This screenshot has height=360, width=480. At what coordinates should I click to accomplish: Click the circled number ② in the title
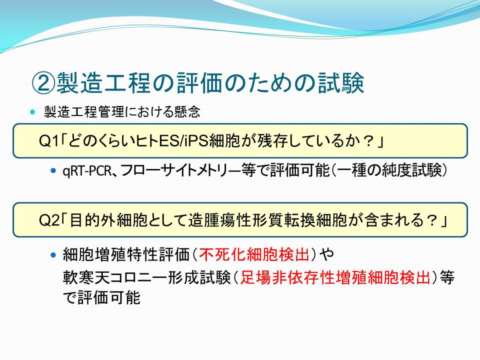click(x=44, y=83)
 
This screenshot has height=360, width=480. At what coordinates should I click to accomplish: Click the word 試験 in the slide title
click(x=340, y=83)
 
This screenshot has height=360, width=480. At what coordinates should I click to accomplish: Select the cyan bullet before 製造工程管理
click(x=33, y=111)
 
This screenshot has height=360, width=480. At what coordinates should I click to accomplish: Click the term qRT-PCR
click(x=86, y=170)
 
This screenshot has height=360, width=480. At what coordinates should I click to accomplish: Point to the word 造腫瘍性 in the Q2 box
click(x=219, y=220)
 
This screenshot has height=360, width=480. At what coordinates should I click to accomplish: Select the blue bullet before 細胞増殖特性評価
click(x=53, y=254)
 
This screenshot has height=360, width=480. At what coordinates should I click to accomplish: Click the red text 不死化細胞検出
click(x=254, y=254)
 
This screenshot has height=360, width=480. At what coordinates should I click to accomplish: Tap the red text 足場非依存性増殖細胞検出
click(x=335, y=277)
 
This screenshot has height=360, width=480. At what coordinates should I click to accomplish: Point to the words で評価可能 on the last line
click(x=101, y=297)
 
